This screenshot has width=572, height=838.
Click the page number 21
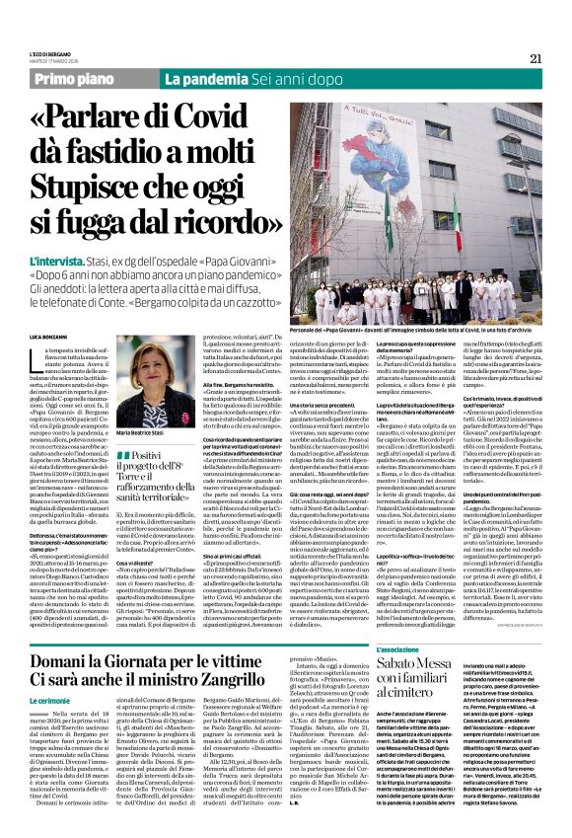pos(536,58)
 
